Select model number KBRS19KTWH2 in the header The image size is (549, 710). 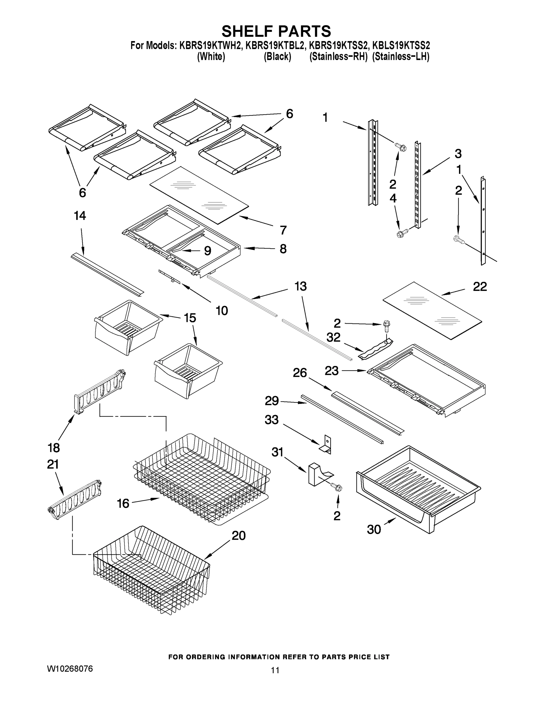tap(210, 45)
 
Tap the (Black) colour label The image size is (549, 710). tap(277, 57)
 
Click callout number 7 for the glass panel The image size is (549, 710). tap(283, 230)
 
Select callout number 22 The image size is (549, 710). tap(480, 286)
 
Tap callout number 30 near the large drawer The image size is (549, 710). tap(374, 530)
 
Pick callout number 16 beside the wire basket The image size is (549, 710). tap(123, 504)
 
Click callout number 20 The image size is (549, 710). tap(239, 535)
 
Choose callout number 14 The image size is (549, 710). tap(80, 216)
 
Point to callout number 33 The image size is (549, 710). tap(272, 420)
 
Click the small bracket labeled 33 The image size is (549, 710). tap(326, 445)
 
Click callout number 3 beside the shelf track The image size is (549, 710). tap(458, 154)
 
